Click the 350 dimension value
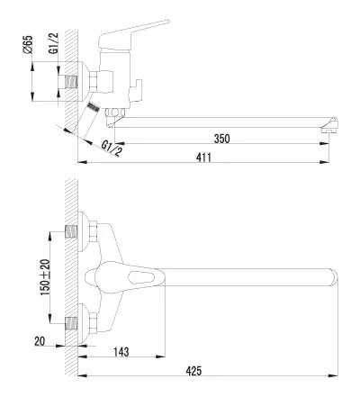click(222, 139)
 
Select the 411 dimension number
click(203, 158)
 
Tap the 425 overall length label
click(193, 371)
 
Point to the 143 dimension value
click(121, 352)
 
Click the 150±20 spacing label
click(46, 277)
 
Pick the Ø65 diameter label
click(27, 45)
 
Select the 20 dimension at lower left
click(40, 341)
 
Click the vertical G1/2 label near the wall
click(53, 43)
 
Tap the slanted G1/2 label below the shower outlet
click(112, 149)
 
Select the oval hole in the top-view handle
click(139, 276)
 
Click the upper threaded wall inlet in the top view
click(71, 231)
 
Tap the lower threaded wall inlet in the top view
click(71, 323)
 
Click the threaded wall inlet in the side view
click(71, 82)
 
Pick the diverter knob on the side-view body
click(136, 90)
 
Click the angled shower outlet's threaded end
click(94, 107)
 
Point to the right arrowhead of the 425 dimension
click(333, 375)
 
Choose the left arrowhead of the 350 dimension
click(121, 144)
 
